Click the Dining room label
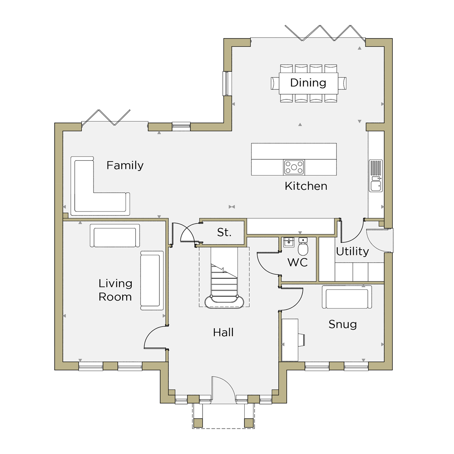pos(308,83)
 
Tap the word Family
pos(125,166)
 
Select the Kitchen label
pos(306,186)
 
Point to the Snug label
pos(342,325)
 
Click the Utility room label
pos(352,252)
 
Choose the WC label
pos(297,262)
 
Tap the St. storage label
pos(224,232)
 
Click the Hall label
pos(223,332)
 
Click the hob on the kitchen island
pos(294,168)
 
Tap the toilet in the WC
pos(303,247)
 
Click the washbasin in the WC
pos(289,242)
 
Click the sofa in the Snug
pos(347,297)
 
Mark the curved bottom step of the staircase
pos(224,302)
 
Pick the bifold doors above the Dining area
pos(325,32)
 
